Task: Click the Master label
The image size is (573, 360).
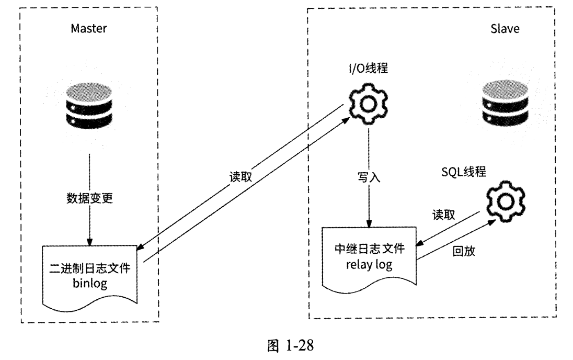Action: [89, 28]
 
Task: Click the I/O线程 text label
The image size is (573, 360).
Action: [369, 69]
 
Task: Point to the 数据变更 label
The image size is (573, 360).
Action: [89, 198]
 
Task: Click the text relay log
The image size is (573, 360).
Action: [370, 265]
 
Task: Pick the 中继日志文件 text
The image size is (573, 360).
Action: [370, 250]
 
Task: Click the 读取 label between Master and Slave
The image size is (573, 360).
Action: [241, 177]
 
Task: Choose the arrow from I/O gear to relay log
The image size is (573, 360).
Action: [370, 199]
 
